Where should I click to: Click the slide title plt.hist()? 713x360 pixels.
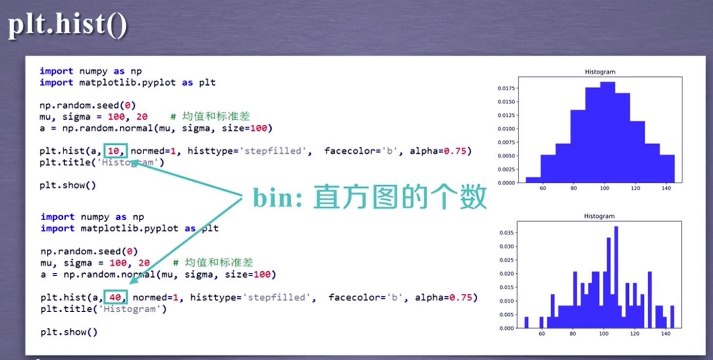point(67,25)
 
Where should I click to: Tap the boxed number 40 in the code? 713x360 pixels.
point(117,297)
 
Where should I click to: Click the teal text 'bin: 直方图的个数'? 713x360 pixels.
point(369,197)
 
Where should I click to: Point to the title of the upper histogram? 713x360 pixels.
point(600,72)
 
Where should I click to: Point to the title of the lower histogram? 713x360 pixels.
point(599,216)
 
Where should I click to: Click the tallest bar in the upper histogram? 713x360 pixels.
point(607,132)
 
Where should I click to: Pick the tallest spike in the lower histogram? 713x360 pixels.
point(616,273)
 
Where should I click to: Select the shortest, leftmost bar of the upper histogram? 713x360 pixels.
point(533,180)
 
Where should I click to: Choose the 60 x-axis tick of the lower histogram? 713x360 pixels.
point(542,334)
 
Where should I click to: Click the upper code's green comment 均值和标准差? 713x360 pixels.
point(216,117)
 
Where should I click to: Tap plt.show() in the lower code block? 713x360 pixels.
point(69,332)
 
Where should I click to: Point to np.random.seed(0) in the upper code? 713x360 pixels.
point(88,105)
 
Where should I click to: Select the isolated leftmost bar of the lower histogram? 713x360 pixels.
point(526,322)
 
